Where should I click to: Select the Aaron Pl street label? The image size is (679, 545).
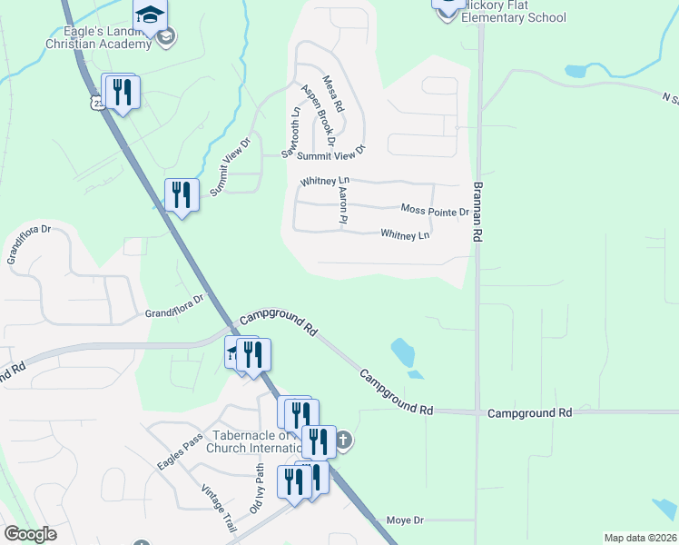343,206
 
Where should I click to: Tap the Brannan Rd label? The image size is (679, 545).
477,211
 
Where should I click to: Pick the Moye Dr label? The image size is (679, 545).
406,520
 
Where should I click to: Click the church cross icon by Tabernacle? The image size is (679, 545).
343,442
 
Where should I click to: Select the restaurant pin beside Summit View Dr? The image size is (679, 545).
182,194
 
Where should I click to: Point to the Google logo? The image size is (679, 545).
30,534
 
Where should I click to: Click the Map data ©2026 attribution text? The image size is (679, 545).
639,538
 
